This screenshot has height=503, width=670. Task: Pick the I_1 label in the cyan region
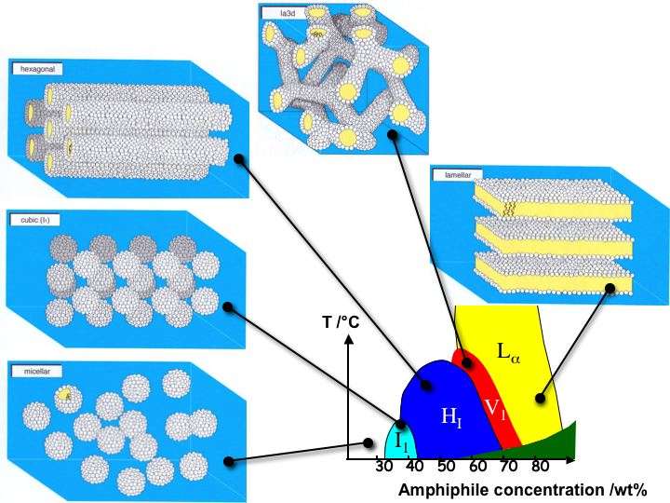[400, 441]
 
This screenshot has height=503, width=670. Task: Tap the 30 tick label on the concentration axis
[383, 467]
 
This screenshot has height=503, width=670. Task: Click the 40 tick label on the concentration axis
[415, 467]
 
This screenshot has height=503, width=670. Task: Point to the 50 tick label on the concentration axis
[447, 467]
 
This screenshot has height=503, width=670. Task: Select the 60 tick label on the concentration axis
[477, 467]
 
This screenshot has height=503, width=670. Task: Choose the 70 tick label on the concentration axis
[509, 467]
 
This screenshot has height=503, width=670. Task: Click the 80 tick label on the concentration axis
[541, 467]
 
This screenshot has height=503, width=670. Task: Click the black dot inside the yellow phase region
[537, 400]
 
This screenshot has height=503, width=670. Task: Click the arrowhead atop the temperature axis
[347, 338]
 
